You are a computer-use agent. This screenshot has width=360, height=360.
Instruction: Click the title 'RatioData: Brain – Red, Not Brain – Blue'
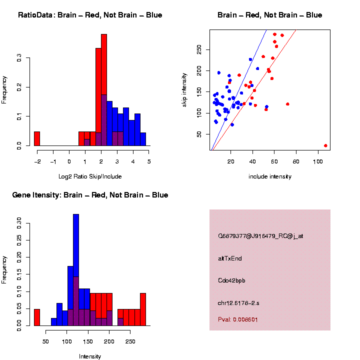(x=90, y=15)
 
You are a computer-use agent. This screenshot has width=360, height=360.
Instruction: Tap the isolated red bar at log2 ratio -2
(x=37, y=138)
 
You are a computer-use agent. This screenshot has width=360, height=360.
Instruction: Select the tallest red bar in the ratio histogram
(x=104, y=90)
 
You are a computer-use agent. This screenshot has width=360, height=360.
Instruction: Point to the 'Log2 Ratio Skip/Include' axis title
(x=90, y=176)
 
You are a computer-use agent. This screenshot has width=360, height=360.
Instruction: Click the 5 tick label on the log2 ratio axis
(x=149, y=161)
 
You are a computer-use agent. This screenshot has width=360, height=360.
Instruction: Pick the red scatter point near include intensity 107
(x=325, y=145)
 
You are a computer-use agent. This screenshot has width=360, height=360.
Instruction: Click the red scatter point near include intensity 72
(x=287, y=104)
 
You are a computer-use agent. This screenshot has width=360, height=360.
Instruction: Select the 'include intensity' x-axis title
(x=270, y=176)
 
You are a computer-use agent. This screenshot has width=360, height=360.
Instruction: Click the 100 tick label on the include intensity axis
(x=318, y=161)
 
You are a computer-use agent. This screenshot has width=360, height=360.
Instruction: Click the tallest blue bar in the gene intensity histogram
(x=76, y=270)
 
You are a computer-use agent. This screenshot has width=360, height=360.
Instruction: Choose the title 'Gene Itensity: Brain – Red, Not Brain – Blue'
(x=90, y=195)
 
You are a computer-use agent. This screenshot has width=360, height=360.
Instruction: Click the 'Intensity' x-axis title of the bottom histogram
(x=90, y=356)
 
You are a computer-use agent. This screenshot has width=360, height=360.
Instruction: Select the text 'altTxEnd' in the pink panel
(x=230, y=258)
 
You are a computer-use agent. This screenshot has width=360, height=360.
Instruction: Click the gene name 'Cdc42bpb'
(x=231, y=280)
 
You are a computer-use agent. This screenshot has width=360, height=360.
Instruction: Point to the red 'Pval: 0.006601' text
(x=237, y=319)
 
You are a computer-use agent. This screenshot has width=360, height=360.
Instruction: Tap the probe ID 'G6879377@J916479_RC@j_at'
(x=260, y=236)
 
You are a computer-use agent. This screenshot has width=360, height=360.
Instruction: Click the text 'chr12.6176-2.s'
(x=238, y=303)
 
